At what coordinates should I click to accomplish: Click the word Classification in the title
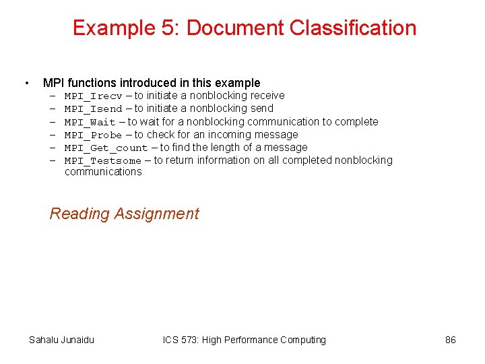pos(353,28)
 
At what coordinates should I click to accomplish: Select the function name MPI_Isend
pos(94,109)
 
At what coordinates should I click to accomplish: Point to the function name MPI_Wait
pos(90,122)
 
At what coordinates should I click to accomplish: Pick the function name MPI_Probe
pos(94,135)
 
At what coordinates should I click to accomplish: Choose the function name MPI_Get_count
pos(106,148)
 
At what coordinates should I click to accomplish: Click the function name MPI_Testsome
pos(103,160)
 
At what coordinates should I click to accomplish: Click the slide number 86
pos(451,340)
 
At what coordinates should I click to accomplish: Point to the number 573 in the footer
pos(191,340)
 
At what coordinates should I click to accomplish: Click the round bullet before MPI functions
pos(26,84)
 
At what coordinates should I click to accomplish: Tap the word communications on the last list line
pos(103,172)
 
